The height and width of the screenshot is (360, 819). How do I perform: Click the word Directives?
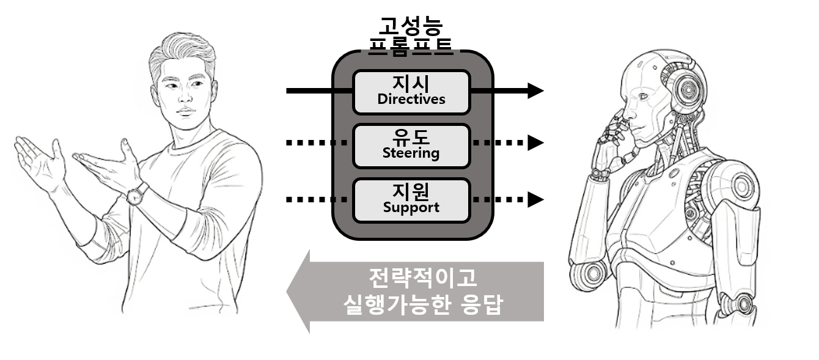[x=411, y=99]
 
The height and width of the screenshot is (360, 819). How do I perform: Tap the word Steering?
[x=411, y=153]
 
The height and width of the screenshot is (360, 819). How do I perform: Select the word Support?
[x=411, y=207]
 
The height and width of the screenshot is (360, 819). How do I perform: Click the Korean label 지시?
[x=411, y=82]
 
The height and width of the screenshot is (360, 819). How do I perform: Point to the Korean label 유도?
[x=411, y=136]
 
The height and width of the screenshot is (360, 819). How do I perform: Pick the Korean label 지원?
[x=411, y=190]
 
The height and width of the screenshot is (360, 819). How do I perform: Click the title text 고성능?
[x=411, y=26]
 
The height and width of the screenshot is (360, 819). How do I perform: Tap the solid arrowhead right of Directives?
[x=535, y=90]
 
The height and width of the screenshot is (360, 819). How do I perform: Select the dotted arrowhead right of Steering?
[x=535, y=143]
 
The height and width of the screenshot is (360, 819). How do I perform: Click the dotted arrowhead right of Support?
[x=535, y=199]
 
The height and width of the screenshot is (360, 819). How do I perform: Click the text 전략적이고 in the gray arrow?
[x=422, y=278]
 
